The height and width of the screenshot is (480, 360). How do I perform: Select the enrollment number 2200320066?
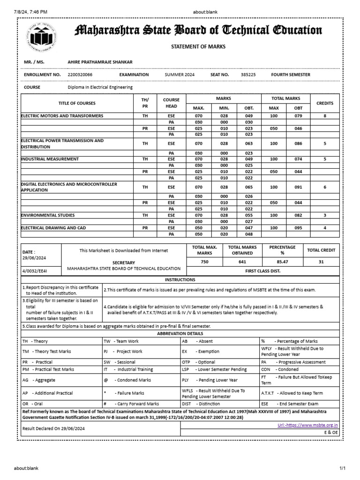pyautogui.click(x=80, y=75)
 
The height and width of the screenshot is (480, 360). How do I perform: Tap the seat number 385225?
pyautogui.click(x=248, y=75)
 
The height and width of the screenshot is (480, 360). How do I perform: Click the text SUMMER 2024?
pyautogui.click(x=180, y=75)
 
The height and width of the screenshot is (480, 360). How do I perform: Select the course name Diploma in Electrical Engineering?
pyautogui.click(x=100, y=87)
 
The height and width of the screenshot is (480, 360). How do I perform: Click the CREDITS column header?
pyautogui.click(x=325, y=103)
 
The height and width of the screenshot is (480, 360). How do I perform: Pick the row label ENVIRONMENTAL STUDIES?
pyautogui.click(x=48, y=215)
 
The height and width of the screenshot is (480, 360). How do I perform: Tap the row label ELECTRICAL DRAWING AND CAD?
pyautogui.click(x=52, y=228)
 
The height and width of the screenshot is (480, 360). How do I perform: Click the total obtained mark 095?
pyautogui.click(x=299, y=228)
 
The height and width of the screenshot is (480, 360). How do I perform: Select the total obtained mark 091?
pyautogui.click(x=299, y=187)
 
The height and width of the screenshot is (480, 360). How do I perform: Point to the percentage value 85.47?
pyautogui.click(x=282, y=262)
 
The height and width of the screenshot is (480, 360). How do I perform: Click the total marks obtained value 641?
pyautogui.click(x=242, y=262)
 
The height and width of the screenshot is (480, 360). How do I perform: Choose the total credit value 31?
pyautogui.click(x=321, y=262)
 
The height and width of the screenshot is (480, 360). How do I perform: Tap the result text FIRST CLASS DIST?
pyautogui.click(x=262, y=271)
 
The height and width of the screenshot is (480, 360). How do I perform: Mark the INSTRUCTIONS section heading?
pyautogui.click(x=183, y=279)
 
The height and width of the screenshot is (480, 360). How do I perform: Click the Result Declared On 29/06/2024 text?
pyautogui.click(x=54, y=428)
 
